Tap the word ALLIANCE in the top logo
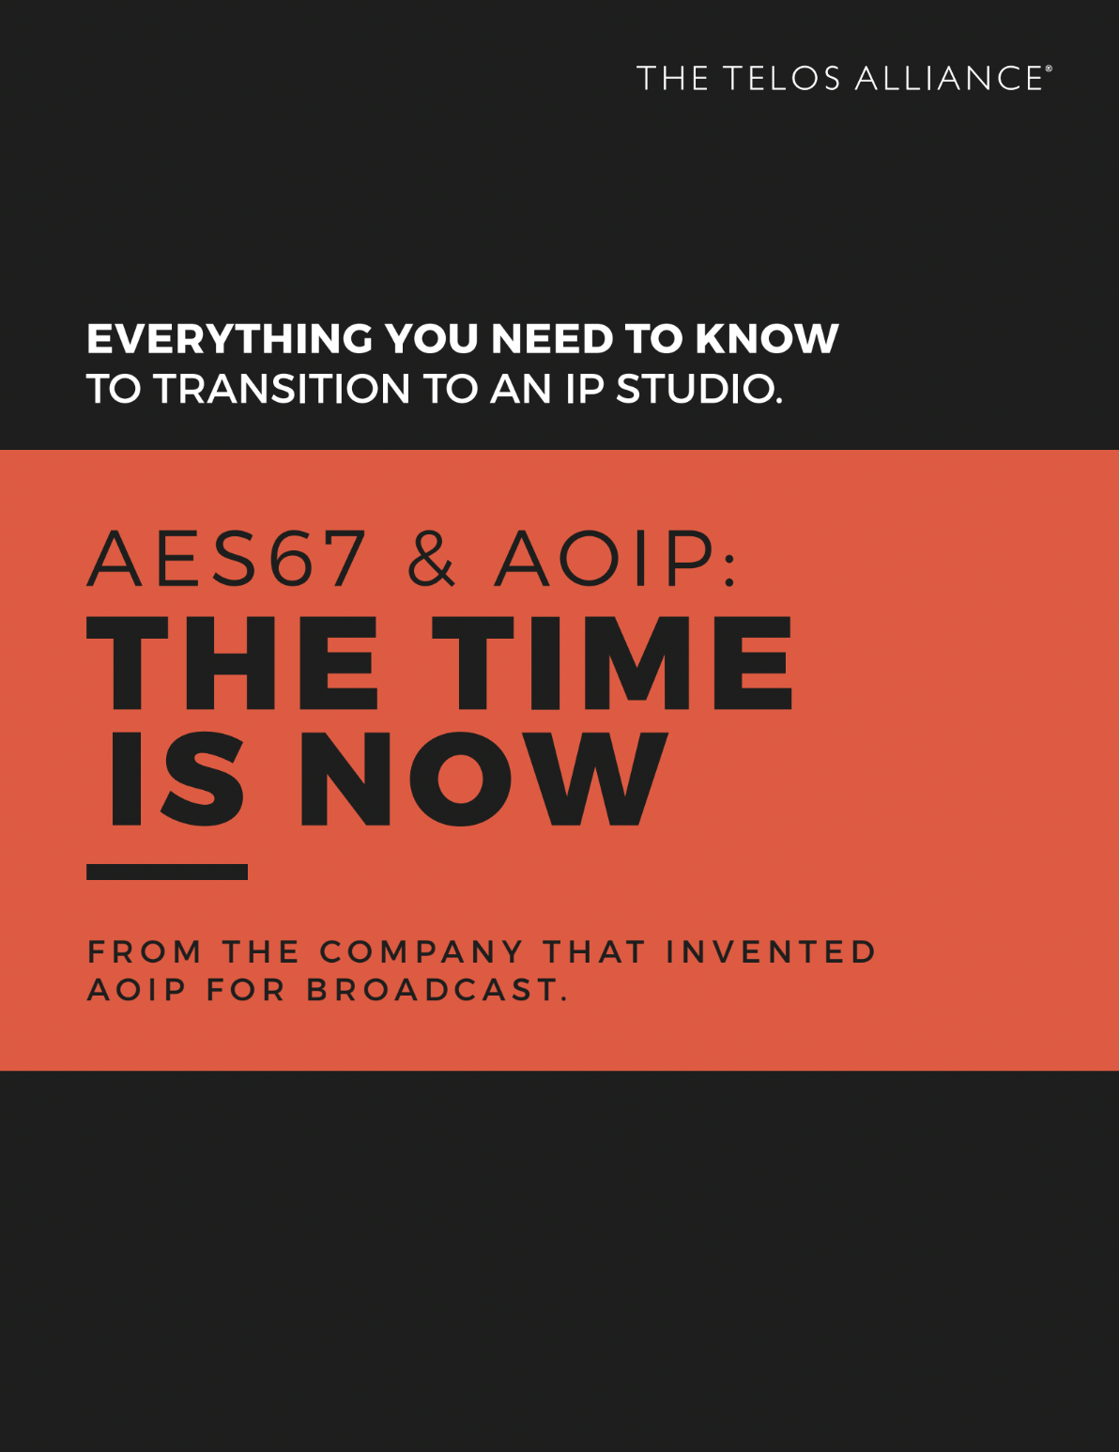click(x=949, y=78)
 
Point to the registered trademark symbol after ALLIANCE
click(x=1049, y=69)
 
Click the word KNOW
click(x=766, y=339)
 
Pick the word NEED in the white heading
click(x=551, y=339)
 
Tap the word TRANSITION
click(x=283, y=389)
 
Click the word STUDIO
click(x=699, y=389)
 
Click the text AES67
click(x=227, y=558)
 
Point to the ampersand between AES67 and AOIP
click(x=431, y=558)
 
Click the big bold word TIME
click(x=612, y=662)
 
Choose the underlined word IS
click(x=176, y=780)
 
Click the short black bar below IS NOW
click(x=167, y=872)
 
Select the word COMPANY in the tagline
click(x=422, y=952)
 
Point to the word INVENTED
click(x=771, y=952)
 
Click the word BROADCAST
click(x=437, y=990)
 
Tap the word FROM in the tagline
click(x=145, y=952)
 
